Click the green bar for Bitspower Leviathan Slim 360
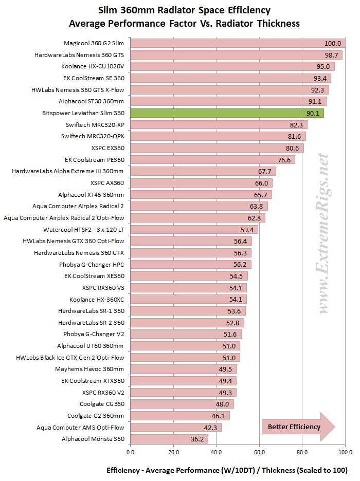[227, 113]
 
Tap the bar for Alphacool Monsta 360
[169, 439]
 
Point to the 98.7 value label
[331, 55]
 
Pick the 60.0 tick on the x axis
[259, 452]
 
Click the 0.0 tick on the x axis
[130, 452]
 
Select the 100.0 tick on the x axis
[345, 452]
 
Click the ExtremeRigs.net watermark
[323, 234]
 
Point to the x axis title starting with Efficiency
[227, 470]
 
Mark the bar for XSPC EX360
[217, 148]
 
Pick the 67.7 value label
[264, 171]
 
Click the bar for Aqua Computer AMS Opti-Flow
[175, 427]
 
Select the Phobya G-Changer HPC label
[92, 264]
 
